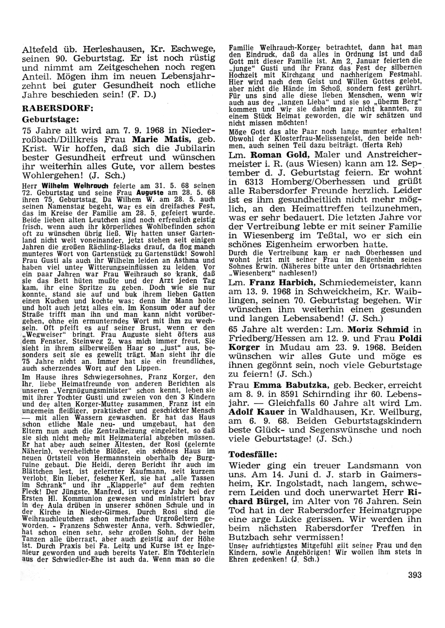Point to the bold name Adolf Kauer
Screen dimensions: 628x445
click(251, 412)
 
